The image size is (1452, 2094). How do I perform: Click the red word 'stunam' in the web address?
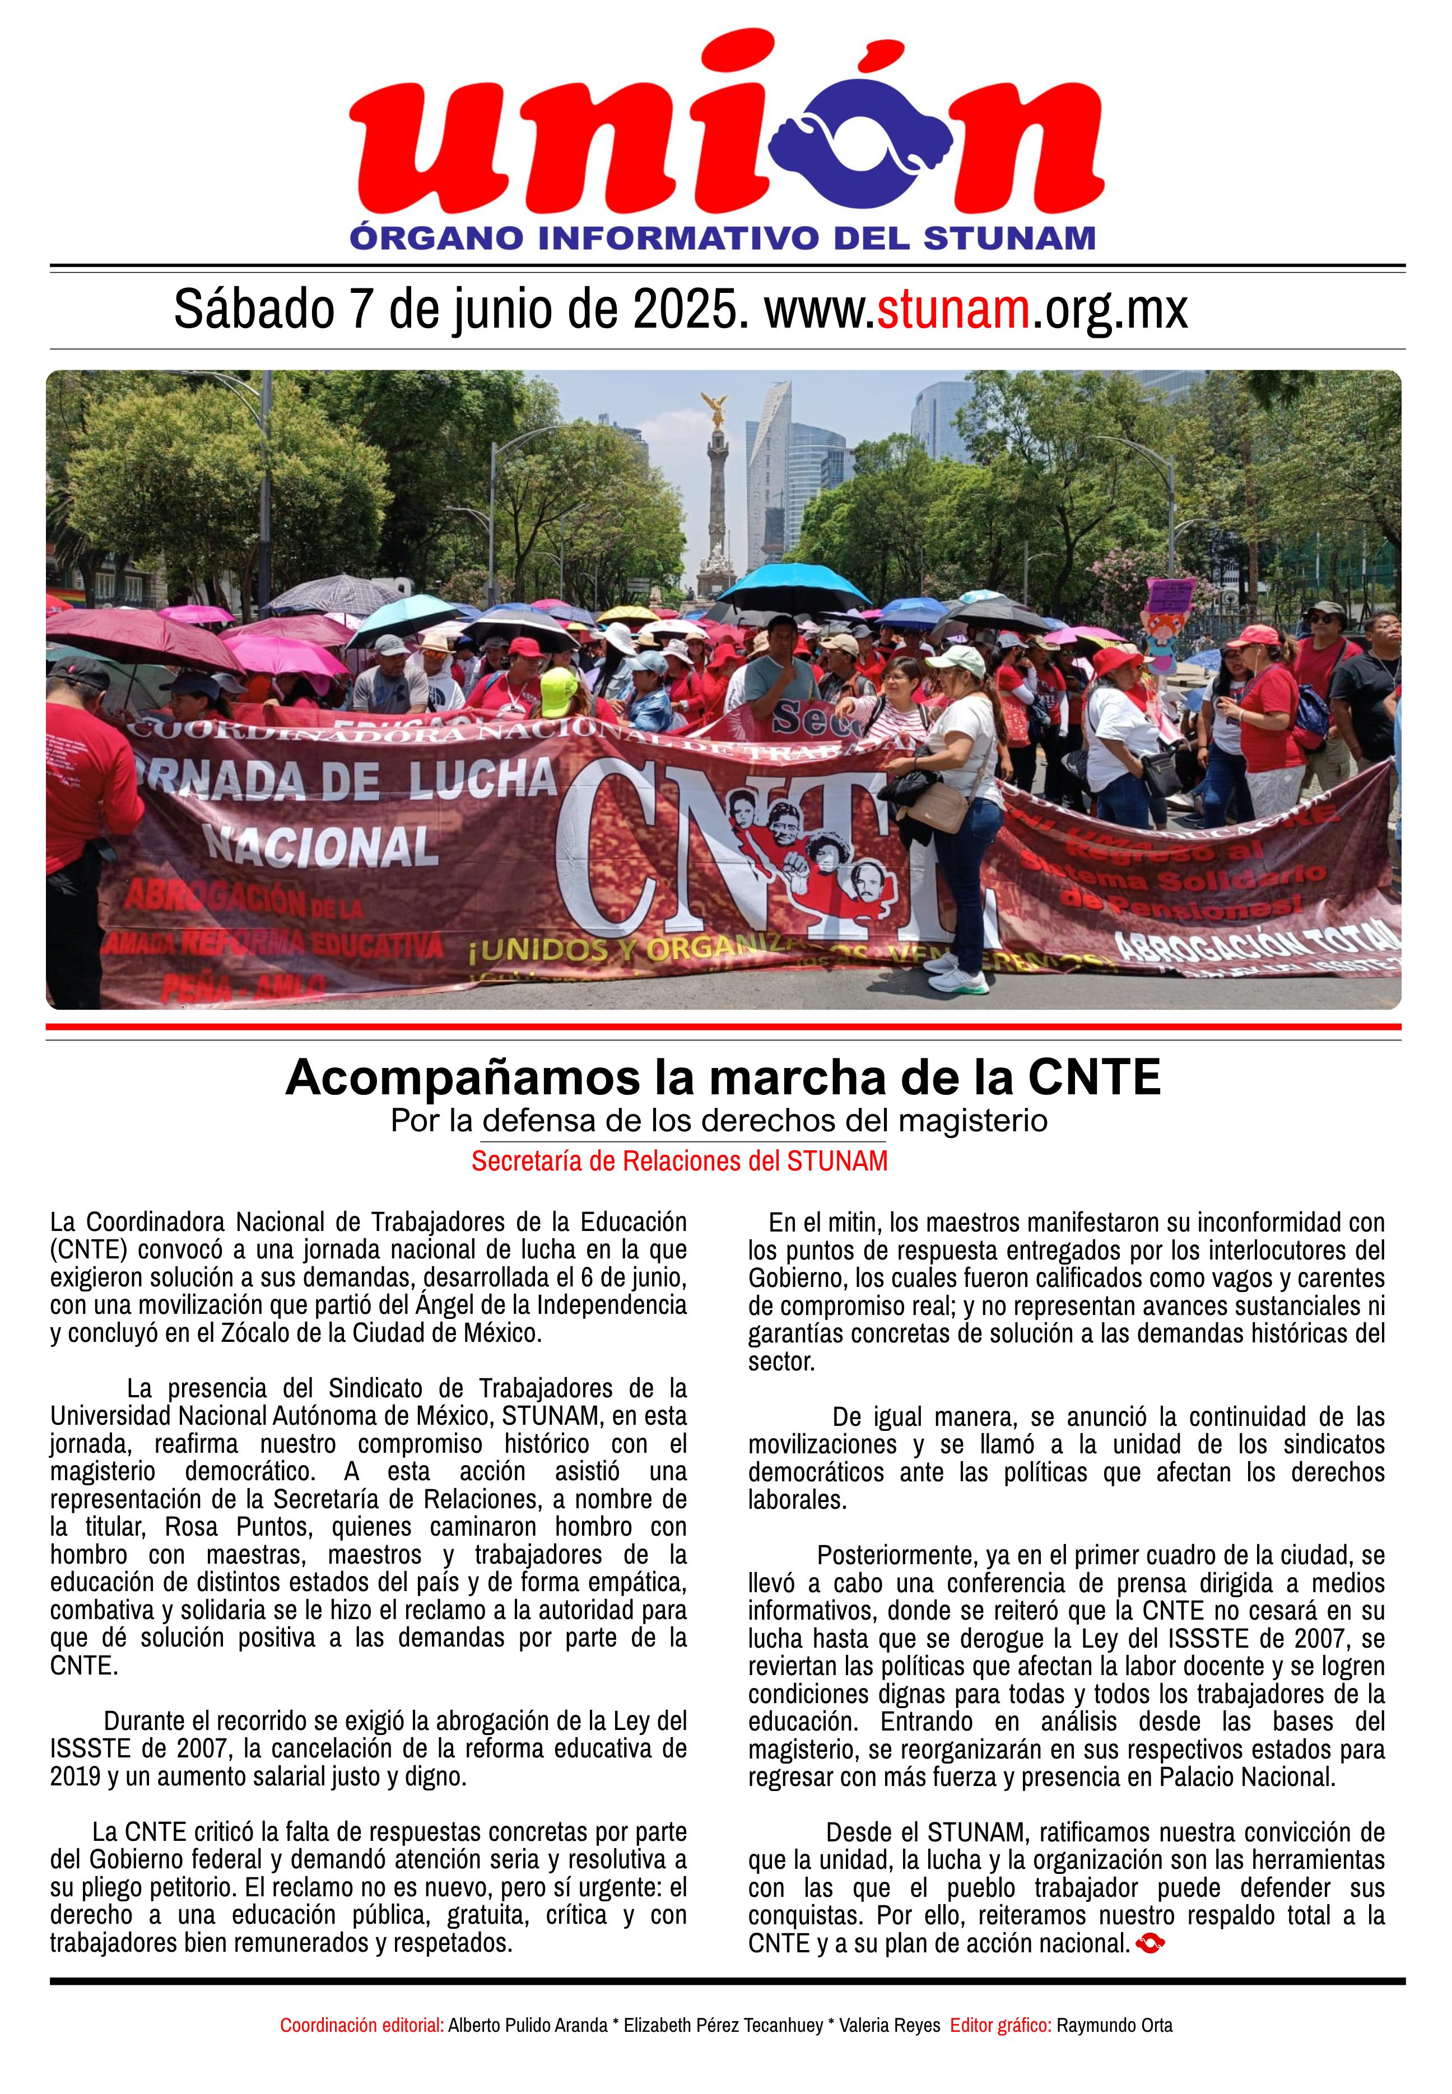pyautogui.click(x=952, y=310)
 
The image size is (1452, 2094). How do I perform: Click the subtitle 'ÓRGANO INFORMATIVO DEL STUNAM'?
pyautogui.click(x=723, y=239)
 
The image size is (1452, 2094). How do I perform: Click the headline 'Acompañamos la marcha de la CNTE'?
pyautogui.click(x=723, y=1078)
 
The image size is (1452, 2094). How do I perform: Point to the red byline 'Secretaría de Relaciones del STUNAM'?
pyautogui.click(x=679, y=1162)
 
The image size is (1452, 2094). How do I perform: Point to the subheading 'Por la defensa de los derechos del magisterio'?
pyautogui.click(x=719, y=1121)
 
